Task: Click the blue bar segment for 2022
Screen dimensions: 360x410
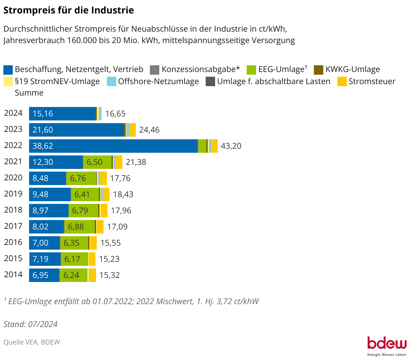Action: click(x=113, y=146)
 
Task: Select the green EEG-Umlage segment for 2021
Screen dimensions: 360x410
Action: click(x=97, y=162)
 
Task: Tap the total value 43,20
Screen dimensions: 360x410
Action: click(x=231, y=146)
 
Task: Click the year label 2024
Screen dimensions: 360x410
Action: click(x=13, y=113)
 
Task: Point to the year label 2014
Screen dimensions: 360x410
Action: click(x=13, y=275)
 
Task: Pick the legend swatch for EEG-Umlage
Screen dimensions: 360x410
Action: click(x=251, y=70)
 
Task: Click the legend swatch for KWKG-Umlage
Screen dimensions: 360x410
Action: click(x=318, y=70)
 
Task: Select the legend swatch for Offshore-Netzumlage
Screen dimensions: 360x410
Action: click(x=111, y=81)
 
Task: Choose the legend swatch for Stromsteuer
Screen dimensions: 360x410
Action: click(x=342, y=81)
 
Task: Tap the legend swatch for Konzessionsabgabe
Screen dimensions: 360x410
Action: click(x=155, y=70)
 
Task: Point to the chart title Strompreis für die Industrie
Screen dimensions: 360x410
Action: click(x=69, y=10)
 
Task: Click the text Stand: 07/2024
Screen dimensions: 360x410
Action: click(x=31, y=324)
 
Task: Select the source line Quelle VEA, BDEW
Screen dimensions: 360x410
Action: click(x=32, y=342)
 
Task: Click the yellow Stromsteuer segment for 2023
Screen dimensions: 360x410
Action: click(x=132, y=130)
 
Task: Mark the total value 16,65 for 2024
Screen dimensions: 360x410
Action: click(x=115, y=114)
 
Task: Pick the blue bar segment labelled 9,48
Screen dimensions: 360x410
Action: click(x=50, y=194)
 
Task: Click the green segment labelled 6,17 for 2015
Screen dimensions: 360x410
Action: click(x=74, y=259)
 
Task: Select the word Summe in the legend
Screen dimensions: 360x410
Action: click(x=29, y=93)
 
